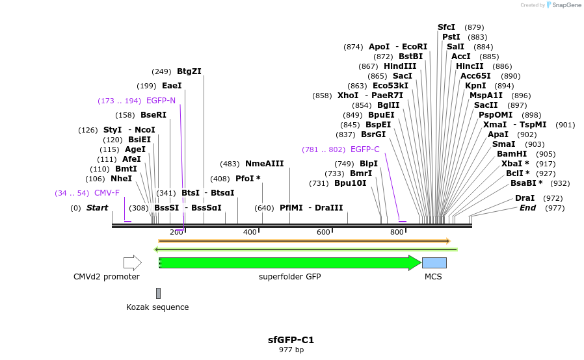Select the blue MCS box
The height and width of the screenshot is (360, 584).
(434, 263)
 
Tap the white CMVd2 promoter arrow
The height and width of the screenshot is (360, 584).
(132, 263)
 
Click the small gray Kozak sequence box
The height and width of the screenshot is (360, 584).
(158, 294)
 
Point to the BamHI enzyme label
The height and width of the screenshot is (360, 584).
(512, 153)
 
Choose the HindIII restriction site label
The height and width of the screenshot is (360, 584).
(400, 66)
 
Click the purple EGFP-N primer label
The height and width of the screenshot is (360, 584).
(161, 101)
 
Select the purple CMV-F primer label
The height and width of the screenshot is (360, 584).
(107, 193)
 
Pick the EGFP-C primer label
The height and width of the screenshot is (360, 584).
(365, 149)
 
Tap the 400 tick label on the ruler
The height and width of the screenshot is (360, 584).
(250, 232)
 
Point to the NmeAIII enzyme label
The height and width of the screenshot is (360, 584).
(264, 164)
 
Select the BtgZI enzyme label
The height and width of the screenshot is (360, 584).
(189, 71)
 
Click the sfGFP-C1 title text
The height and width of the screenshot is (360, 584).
(291, 339)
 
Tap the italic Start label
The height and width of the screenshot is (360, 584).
(97, 208)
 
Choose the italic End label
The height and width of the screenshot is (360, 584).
(527, 208)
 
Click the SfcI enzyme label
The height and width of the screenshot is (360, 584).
(446, 27)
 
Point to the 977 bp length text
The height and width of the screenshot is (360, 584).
(291, 350)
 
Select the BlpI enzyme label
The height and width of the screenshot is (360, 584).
(368, 164)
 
